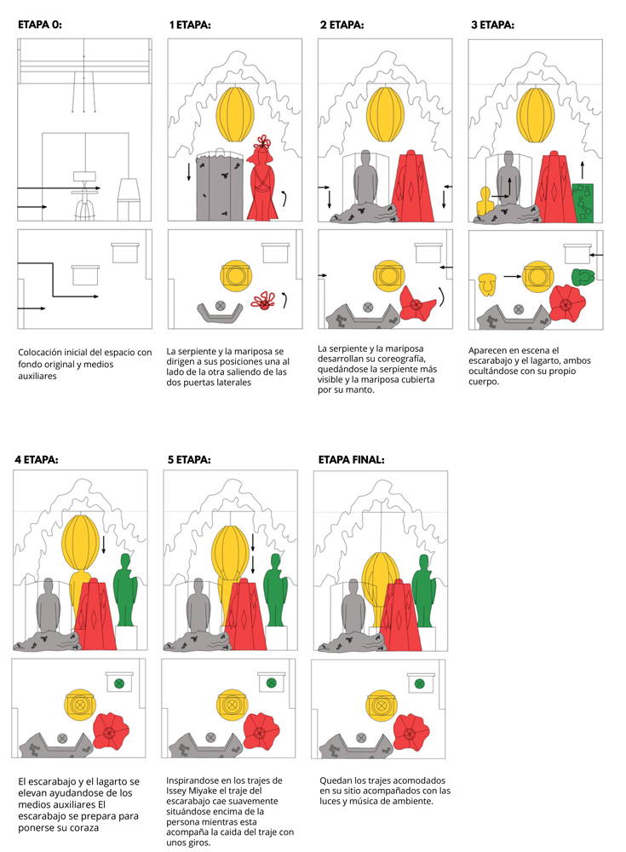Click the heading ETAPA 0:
tap(40, 25)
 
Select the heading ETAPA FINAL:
tap(351, 460)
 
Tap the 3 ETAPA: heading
tap(492, 25)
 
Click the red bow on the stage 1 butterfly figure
tap(264, 142)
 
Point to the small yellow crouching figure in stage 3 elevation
tap(484, 201)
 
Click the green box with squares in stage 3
tap(583, 203)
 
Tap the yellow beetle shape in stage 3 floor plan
tap(487, 285)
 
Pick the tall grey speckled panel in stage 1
tap(219, 187)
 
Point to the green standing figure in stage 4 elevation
tap(125, 590)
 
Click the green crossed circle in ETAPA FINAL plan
tap(420, 683)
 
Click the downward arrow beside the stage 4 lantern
tap(103, 544)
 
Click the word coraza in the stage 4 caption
tap(85, 828)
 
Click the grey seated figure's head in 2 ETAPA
tap(365, 158)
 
